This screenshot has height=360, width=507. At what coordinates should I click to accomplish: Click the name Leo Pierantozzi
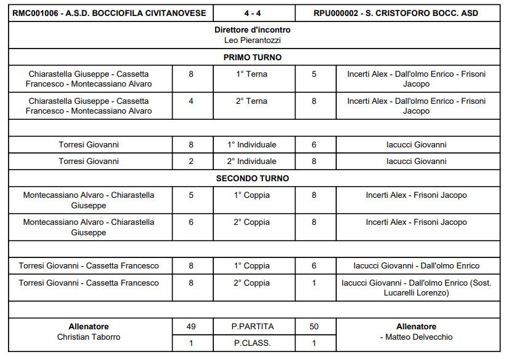pyautogui.click(x=253, y=40)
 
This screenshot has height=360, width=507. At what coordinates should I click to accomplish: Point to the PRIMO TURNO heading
pyautogui.click(x=253, y=57)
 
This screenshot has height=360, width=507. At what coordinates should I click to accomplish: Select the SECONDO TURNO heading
pyautogui.click(x=253, y=178)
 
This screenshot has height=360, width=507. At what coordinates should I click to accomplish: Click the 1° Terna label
pyautogui.click(x=253, y=74)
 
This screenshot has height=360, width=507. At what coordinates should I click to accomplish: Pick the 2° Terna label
pyautogui.click(x=253, y=101)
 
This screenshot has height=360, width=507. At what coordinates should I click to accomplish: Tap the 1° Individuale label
pyautogui.click(x=253, y=145)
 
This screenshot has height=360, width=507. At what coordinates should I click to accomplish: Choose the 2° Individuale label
pyautogui.click(x=253, y=162)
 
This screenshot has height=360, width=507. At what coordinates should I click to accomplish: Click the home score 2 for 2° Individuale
pyautogui.click(x=191, y=162)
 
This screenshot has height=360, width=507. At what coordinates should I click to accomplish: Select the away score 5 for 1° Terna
pyautogui.click(x=314, y=74)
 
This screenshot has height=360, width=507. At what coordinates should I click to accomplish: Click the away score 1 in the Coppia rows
pyautogui.click(x=314, y=283)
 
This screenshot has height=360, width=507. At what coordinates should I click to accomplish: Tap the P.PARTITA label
pyautogui.click(x=253, y=326)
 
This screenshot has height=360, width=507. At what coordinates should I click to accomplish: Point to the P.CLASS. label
pyautogui.click(x=253, y=343)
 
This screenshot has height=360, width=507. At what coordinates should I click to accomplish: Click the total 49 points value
pyautogui.click(x=191, y=326)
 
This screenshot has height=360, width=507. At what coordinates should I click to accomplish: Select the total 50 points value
pyautogui.click(x=314, y=326)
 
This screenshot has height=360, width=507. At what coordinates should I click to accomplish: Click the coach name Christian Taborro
pyautogui.click(x=89, y=337)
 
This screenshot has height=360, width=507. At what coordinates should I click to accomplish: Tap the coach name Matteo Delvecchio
pyautogui.click(x=418, y=337)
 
